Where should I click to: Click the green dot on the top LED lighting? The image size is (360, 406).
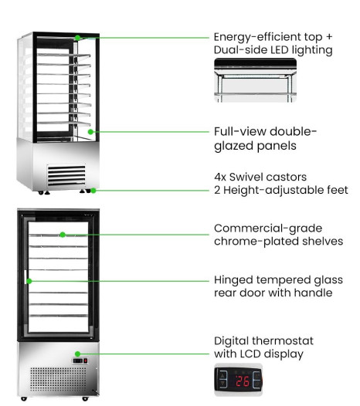point(77,38)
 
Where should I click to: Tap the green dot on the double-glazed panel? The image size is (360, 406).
point(90,132)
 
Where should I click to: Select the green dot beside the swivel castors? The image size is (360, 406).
point(93,191)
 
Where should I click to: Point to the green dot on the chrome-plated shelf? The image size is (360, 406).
point(63,235)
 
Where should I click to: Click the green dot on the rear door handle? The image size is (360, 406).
point(29,281)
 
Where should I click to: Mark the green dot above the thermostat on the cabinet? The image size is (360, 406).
point(77,354)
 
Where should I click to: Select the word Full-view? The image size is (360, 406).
point(239,131)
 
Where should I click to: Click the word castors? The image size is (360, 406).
point(286,177)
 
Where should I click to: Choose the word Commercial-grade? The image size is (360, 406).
point(268,228)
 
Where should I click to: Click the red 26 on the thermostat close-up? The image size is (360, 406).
point(243,381)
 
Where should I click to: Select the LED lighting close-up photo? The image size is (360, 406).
point(255,80)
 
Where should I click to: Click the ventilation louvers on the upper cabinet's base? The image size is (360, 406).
point(66,175)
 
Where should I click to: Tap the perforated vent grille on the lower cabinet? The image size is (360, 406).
point(57,380)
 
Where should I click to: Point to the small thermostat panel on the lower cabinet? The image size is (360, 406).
point(80,360)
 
